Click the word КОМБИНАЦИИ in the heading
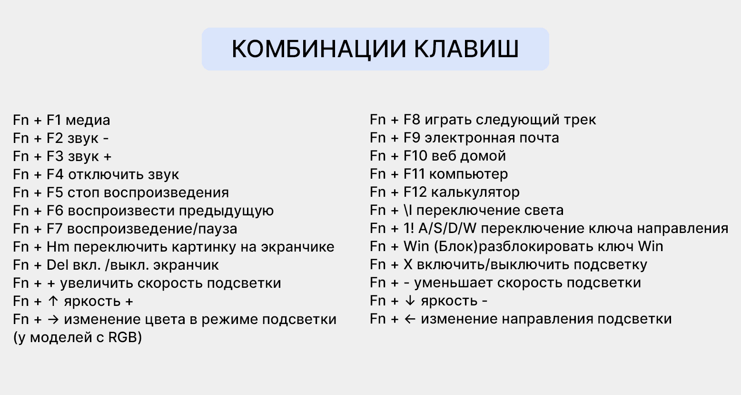click(x=319, y=49)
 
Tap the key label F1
click(x=54, y=120)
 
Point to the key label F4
click(x=55, y=174)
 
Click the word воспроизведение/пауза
click(x=152, y=229)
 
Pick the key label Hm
click(x=58, y=247)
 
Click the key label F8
click(x=412, y=120)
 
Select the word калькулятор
click(x=475, y=192)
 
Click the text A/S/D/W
click(x=448, y=228)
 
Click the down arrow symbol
click(x=409, y=301)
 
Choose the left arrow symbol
click(x=410, y=319)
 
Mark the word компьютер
click(x=468, y=174)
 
